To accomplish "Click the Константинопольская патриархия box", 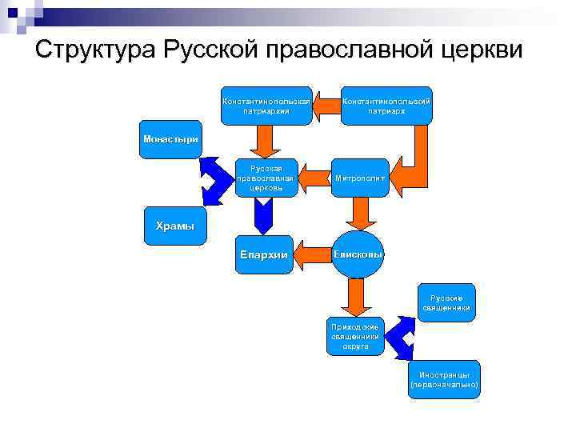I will click(266, 106).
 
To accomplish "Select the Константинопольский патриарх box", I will click(386, 106).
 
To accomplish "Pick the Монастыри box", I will click(170, 139).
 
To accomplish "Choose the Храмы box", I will click(174, 226).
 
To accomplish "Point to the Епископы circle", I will click(358, 254).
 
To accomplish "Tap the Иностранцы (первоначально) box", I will click(444, 379).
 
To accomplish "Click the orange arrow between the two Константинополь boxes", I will click(326, 105).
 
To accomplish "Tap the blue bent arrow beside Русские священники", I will click(405, 336).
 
